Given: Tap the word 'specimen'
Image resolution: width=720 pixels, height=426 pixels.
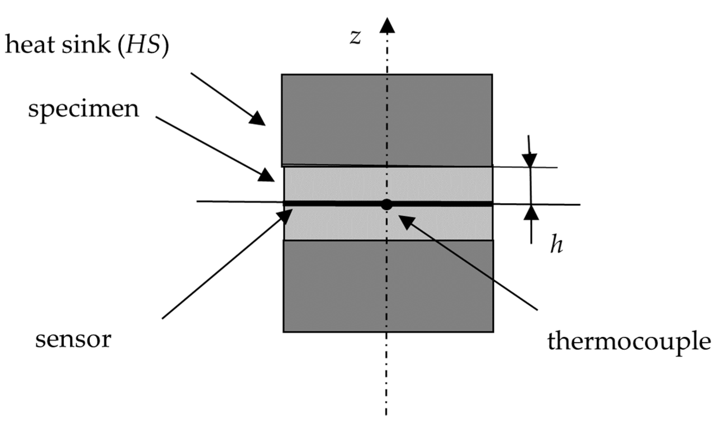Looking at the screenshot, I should point(83,110).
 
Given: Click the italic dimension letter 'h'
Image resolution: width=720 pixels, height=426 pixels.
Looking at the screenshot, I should point(556,245).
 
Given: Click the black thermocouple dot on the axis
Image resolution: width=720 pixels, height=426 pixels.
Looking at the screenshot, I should point(386,205).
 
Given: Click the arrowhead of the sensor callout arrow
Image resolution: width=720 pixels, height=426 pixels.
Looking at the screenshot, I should point(285,215).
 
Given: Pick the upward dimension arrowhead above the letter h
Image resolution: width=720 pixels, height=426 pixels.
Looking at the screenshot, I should point(531,213).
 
